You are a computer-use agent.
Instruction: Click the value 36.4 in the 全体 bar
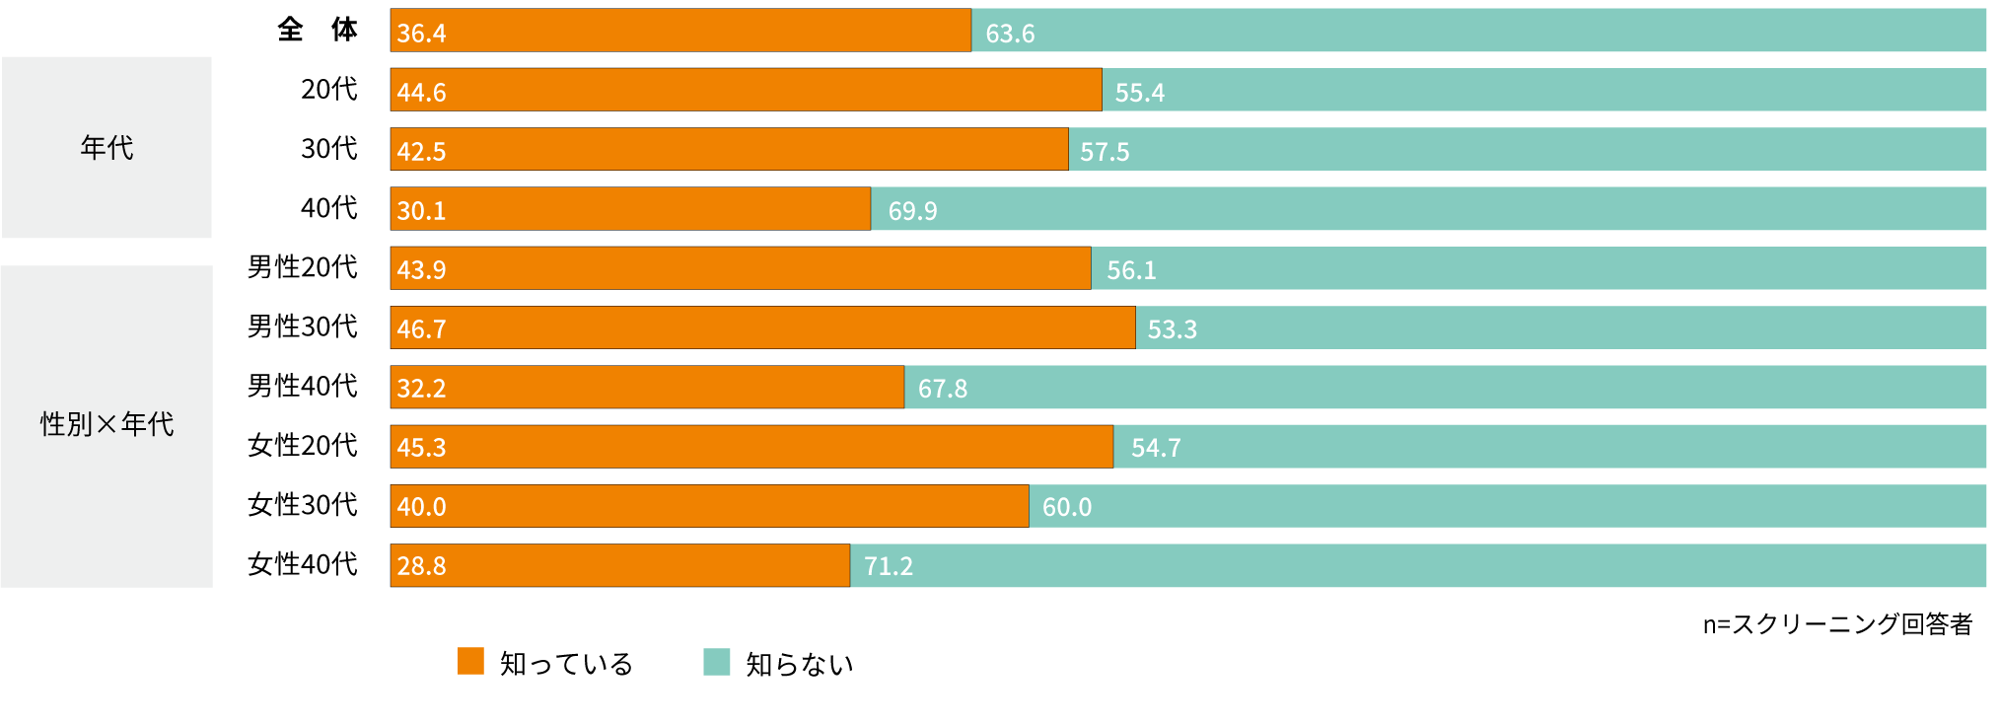click(421, 33)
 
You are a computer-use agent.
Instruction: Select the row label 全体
click(317, 30)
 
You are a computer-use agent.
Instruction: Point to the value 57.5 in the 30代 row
click(1105, 152)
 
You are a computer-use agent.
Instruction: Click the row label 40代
click(328, 208)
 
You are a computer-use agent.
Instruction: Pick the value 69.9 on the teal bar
click(912, 211)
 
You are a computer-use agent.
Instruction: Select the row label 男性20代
click(302, 267)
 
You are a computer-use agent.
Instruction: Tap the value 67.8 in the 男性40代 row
click(942, 389)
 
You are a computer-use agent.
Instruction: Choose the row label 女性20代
click(302, 445)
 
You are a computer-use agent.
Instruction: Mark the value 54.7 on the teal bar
click(1156, 448)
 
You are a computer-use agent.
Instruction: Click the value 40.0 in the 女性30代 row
click(421, 507)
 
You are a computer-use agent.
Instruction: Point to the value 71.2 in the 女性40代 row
click(889, 566)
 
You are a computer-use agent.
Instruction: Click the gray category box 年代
click(107, 147)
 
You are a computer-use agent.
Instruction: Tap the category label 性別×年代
click(107, 424)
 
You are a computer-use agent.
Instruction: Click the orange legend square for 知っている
click(470, 661)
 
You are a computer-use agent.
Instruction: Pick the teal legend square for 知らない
click(716, 662)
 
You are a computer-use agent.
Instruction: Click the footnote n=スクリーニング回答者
click(1836, 624)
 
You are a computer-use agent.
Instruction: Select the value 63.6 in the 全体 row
click(1010, 34)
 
